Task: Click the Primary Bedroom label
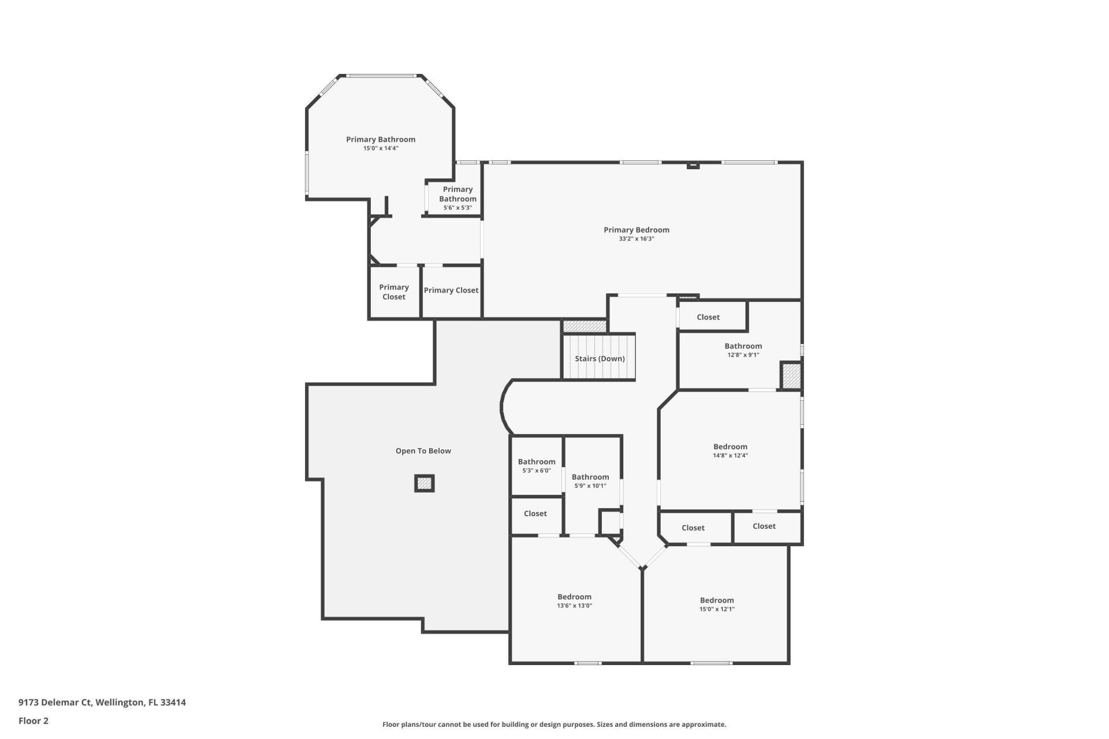pos(636,230)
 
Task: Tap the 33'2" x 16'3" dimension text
pos(636,239)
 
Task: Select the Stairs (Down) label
pos(600,359)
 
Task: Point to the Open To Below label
pos(423,451)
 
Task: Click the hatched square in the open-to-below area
pos(425,483)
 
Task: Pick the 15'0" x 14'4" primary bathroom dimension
pos(381,148)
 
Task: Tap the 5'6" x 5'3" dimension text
pos(457,208)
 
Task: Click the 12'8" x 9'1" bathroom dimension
pos(743,355)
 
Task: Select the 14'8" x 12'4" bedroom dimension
pos(730,456)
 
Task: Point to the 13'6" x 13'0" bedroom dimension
pos(574,606)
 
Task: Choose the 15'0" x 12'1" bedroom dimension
pos(717,609)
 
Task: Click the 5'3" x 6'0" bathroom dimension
pos(536,471)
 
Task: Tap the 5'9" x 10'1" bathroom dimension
pos(590,486)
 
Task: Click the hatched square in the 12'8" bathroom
pos(791,376)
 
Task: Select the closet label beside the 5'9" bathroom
pos(535,514)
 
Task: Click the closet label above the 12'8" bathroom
pos(708,317)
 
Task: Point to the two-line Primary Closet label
pos(394,292)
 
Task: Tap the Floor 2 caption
pos(34,721)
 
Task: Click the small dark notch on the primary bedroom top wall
pos(693,166)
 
